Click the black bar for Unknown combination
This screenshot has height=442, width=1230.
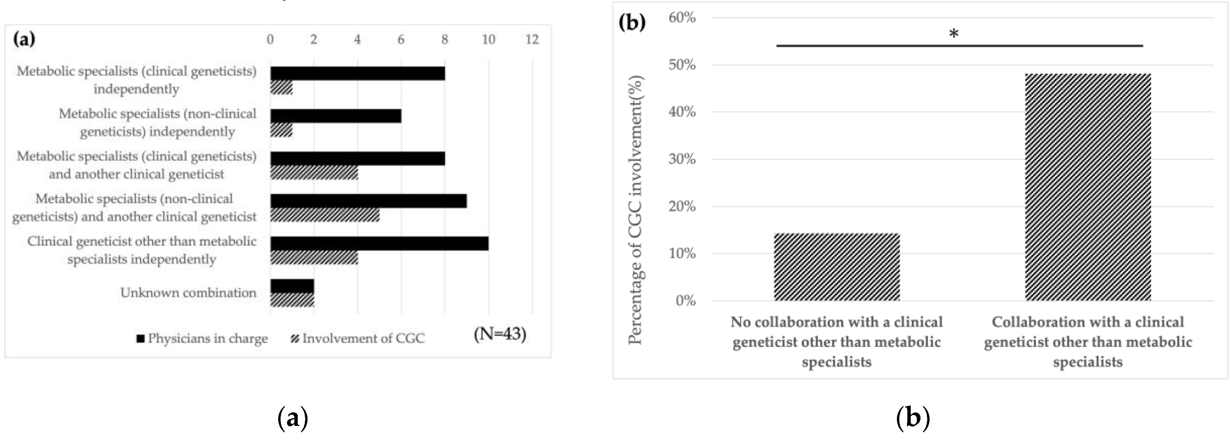click(x=292, y=286)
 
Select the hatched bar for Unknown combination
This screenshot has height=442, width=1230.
click(x=292, y=300)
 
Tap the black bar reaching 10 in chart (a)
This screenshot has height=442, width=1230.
click(x=379, y=244)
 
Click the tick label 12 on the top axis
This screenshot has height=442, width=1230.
click(x=532, y=40)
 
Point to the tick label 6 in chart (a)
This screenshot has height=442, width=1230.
click(x=401, y=40)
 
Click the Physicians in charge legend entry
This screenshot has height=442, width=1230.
click(x=202, y=338)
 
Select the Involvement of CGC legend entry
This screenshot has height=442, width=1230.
click(x=358, y=338)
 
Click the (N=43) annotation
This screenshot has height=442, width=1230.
click(x=500, y=334)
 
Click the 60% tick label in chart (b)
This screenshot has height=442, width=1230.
click(x=682, y=18)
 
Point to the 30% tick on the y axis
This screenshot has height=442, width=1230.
click(x=682, y=159)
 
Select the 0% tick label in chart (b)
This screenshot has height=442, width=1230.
click(x=686, y=301)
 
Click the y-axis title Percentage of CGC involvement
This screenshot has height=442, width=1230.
click(x=636, y=210)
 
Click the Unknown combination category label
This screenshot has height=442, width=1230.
click(x=188, y=293)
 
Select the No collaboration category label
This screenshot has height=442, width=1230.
click(x=837, y=342)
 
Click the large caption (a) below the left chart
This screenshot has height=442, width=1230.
click(x=292, y=418)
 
